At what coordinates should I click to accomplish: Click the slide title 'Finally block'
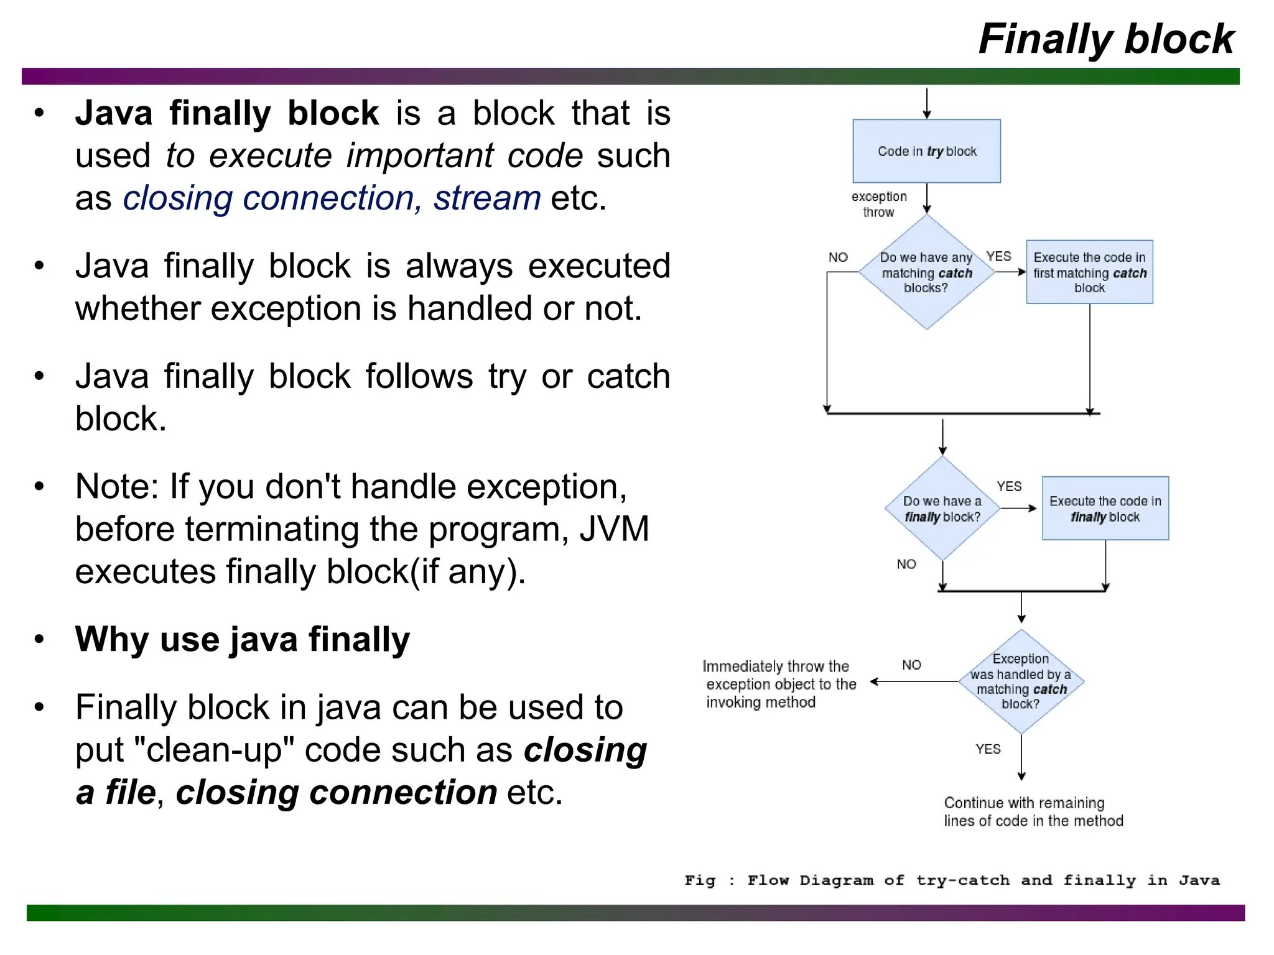click(1105, 39)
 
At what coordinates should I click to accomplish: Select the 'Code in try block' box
click(926, 151)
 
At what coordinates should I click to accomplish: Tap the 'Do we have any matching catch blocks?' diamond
click(926, 272)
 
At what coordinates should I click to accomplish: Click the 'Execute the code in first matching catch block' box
click(1089, 272)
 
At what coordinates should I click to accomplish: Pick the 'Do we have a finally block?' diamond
click(942, 509)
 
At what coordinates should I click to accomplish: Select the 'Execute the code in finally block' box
click(1105, 509)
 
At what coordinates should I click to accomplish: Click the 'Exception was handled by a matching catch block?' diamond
click(1021, 681)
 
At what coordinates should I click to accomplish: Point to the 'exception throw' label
click(878, 204)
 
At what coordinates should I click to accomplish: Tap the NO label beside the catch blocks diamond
click(838, 257)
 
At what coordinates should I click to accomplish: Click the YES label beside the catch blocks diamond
click(998, 256)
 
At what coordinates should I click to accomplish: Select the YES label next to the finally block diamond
click(1008, 486)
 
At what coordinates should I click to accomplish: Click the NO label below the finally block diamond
click(906, 564)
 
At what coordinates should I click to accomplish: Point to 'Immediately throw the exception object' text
click(779, 684)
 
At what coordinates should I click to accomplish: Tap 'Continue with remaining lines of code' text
click(1033, 811)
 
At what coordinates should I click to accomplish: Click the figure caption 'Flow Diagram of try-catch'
click(952, 880)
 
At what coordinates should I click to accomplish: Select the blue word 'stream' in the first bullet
click(487, 198)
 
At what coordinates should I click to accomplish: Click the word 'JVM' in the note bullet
click(614, 529)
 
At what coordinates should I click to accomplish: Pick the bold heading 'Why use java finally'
click(243, 639)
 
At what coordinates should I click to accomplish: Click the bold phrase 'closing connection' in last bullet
click(336, 792)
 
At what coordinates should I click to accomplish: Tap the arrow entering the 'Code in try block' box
click(926, 103)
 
